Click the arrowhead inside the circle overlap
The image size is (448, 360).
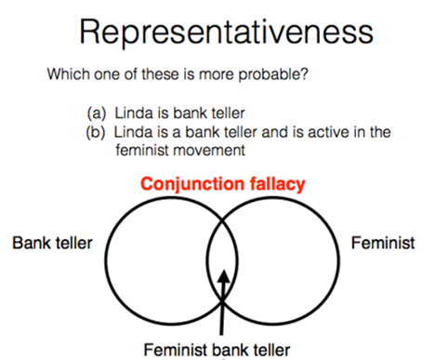point(223,276)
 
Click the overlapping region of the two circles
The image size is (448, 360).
point(223,251)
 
